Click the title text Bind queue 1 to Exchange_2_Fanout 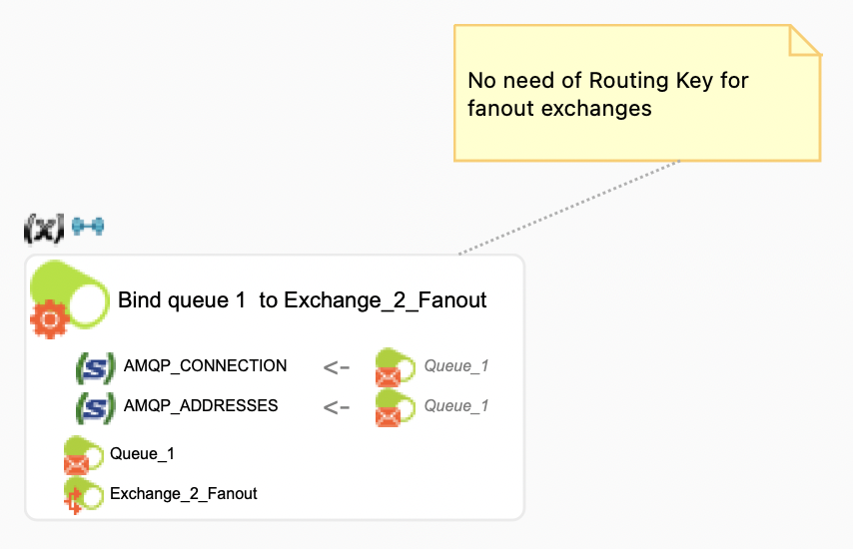302,299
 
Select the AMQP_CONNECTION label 205,366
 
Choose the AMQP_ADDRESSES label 201,406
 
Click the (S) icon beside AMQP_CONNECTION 96,367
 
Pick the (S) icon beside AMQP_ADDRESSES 96,407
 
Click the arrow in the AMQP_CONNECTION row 337,367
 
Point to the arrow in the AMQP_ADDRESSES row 337,407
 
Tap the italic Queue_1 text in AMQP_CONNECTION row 456,366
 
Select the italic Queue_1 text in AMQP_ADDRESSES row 456,406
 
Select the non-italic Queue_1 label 142,454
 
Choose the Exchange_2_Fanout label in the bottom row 183,494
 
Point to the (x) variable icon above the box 43,229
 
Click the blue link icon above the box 88,226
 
